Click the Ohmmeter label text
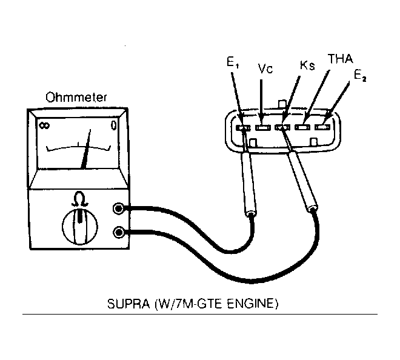coord(76,97)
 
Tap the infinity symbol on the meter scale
coord(44,125)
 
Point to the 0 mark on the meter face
coord(113,125)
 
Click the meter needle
coord(85,149)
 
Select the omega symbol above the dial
coord(80,199)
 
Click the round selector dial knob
coord(80,226)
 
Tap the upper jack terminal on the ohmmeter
coord(119,208)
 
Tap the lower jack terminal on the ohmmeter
coord(119,232)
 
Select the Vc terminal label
coord(265,68)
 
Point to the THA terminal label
coord(341,59)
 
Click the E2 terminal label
coord(360,75)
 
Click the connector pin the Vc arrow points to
coord(263,127)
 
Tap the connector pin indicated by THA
coord(302,127)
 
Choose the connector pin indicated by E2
coord(322,127)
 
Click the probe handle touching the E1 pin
coord(249,184)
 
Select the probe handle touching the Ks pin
coord(303,181)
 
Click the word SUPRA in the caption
coord(128,304)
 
